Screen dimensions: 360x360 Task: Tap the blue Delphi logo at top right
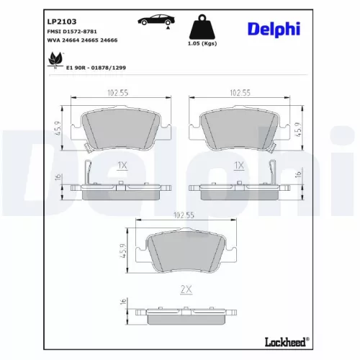pos(276,29)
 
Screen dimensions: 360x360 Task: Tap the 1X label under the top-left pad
pos(122,165)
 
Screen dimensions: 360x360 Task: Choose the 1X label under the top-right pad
pos(240,165)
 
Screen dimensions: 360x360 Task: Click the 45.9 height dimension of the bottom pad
pos(122,252)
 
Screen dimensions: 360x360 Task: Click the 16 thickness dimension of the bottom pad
pos(122,302)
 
